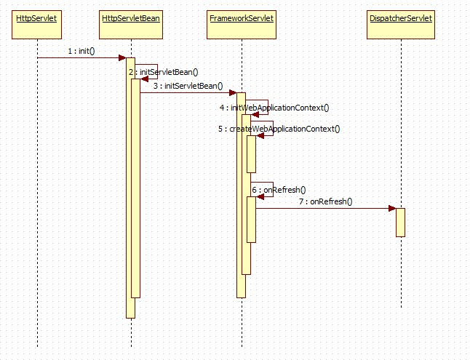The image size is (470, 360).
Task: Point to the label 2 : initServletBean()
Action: (164, 73)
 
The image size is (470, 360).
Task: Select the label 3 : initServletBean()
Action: (188, 86)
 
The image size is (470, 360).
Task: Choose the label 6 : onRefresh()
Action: (279, 189)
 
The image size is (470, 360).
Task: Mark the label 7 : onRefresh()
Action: (325, 201)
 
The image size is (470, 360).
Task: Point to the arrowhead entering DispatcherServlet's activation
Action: (391, 209)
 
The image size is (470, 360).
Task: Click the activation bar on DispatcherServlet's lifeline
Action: (400, 222)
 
